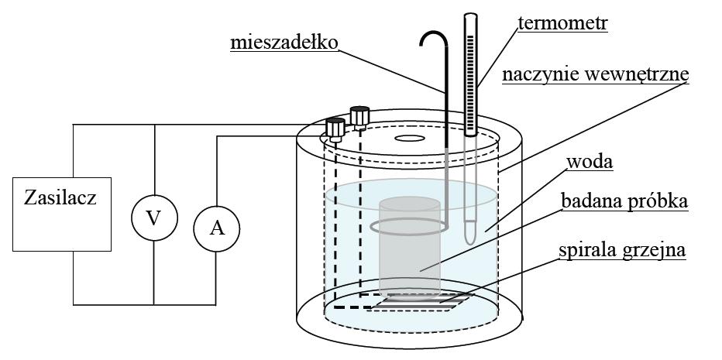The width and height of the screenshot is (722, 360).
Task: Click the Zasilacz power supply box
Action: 60,214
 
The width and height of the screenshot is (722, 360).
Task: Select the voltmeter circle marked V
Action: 153,218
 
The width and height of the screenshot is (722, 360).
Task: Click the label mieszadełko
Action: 284,42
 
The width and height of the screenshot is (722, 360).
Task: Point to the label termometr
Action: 563,23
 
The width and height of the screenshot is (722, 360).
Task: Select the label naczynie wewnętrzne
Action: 595,75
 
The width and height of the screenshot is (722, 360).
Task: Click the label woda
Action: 590,163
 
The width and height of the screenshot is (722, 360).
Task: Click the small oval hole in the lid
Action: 408,140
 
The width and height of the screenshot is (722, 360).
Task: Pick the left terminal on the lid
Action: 335,128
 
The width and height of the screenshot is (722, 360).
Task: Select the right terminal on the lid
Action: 359,116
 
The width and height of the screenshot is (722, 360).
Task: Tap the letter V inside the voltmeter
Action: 153,218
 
